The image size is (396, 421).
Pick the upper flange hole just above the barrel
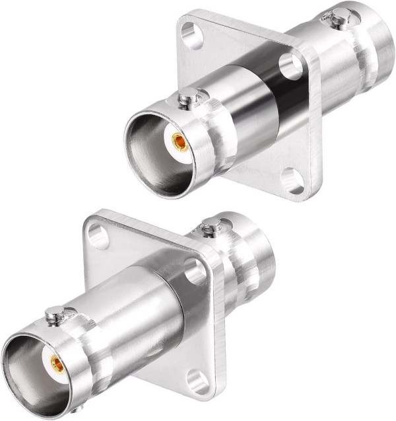coord(288,64)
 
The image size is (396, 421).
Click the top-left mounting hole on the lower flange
coord(98,235)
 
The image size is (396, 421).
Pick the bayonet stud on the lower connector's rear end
coord(211,229)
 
